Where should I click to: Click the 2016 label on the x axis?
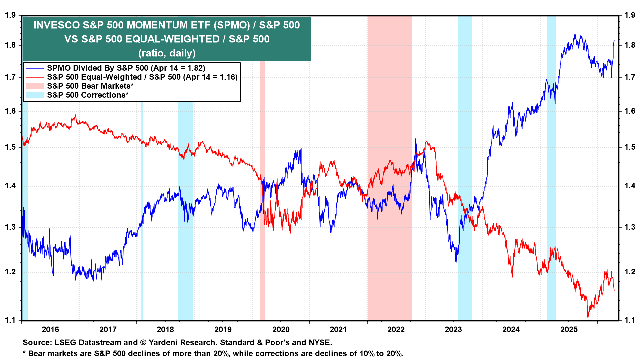tap(50, 330)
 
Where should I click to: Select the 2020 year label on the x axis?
tap(281, 330)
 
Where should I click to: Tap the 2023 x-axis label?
tap(453, 330)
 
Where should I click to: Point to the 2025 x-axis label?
tap(569, 330)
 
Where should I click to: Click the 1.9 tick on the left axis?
tap(10, 15)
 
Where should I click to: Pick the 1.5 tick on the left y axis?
tap(10, 147)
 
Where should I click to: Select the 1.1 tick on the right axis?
tap(630, 320)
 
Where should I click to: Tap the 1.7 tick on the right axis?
tap(630, 77)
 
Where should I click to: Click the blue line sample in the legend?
tap(35, 68)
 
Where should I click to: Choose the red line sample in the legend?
tap(35, 77)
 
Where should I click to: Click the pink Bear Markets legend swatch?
tap(35, 86)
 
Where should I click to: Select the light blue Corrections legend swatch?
tap(35, 95)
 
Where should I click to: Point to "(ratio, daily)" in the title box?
tap(167, 53)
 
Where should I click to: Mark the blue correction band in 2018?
tap(186, 267)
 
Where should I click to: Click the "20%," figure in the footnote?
tap(221, 354)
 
